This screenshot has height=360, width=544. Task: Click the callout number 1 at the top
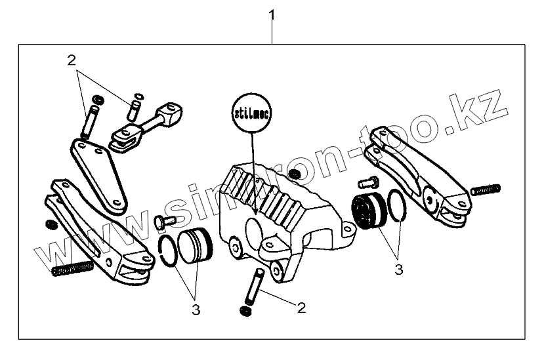272,14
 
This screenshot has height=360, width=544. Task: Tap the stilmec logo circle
253,113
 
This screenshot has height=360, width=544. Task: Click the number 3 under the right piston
398,268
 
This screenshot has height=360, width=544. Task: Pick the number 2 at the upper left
72,61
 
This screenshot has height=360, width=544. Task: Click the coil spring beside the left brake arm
73,269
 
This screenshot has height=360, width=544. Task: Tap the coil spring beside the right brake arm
486,190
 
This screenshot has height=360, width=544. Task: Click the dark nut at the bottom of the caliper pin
245,310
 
